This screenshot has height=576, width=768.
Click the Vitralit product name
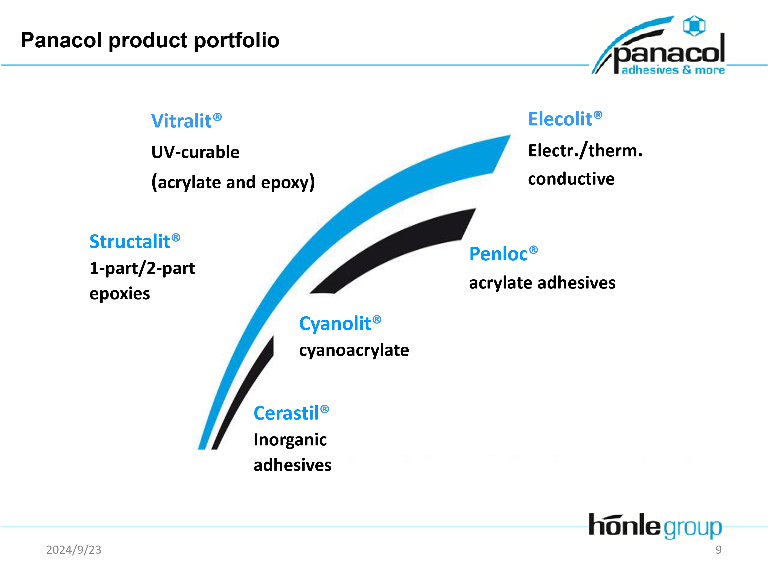[186, 121]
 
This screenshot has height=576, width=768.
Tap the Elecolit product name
[565, 119]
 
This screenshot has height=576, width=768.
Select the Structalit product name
[135, 241]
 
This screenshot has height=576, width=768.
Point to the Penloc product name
[504, 253]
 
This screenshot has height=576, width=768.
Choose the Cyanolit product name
[340, 324]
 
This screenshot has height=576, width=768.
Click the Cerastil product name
[291, 413]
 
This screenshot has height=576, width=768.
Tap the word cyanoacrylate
[354, 350]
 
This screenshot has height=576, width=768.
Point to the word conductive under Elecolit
[571, 179]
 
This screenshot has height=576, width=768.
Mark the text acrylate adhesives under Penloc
[542, 283]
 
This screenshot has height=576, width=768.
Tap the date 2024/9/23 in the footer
[74, 550]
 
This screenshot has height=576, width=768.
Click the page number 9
[719, 550]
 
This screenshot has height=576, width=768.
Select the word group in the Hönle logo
[693, 528]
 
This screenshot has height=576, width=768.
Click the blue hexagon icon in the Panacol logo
[694, 26]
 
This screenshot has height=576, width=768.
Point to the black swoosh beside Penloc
[393, 251]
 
